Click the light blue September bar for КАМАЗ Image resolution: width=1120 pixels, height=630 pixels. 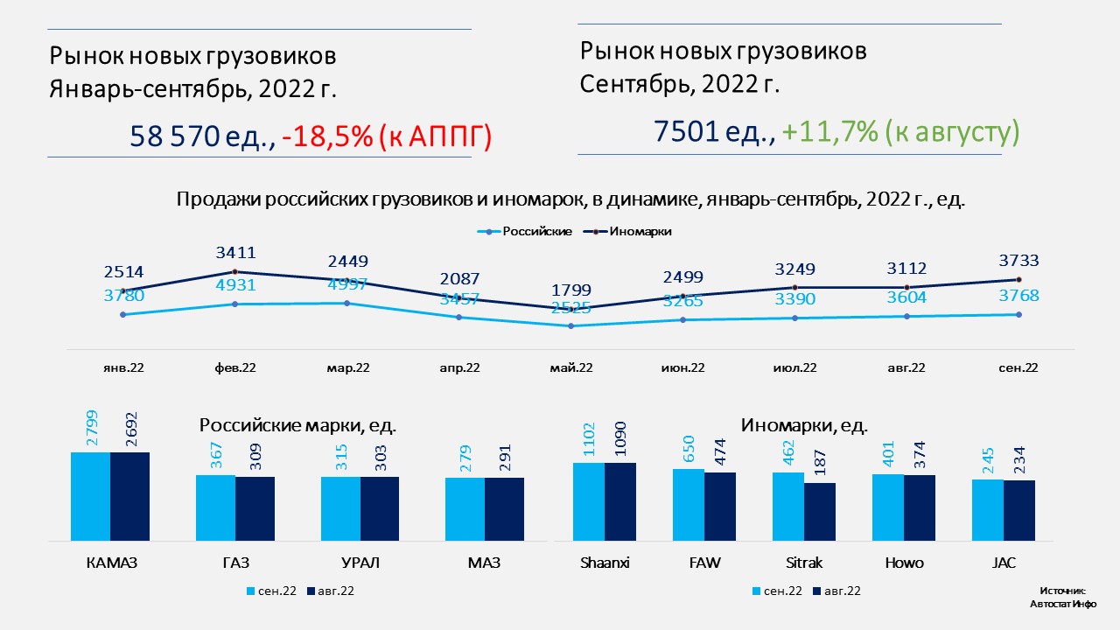pyautogui.click(x=90, y=496)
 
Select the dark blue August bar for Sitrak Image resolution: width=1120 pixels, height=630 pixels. pyautogui.click(x=820, y=511)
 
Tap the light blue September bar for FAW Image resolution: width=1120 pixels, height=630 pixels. pyautogui.click(x=689, y=504)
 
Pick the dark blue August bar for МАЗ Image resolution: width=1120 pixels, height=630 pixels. pyautogui.click(x=504, y=508)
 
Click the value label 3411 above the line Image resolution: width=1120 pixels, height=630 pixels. pyautogui.click(x=235, y=254)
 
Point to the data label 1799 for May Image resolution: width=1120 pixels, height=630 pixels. pyautogui.click(x=571, y=290)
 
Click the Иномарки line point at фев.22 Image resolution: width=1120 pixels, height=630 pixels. pyautogui.click(x=235, y=272)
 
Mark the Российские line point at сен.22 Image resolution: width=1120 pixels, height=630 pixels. pyautogui.click(x=1018, y=314)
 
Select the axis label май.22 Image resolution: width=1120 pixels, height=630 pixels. pyautogui.click(x=571, y=368)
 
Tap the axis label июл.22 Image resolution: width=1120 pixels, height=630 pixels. pyautogui.click(x=795, y=368)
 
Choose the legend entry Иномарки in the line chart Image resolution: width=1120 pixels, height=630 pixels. pyautogui.click(x=640, y=232)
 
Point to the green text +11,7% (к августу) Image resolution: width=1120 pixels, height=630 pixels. pyautogui.click(x=901, y=132)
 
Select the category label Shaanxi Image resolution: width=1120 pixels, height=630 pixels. pyautogui.click(x=605, y=563)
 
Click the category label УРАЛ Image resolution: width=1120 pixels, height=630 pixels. pyautogui.click(x=360, y=563)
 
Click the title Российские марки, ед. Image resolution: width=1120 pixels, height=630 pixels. pyautogui.click(x=297, y=426)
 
